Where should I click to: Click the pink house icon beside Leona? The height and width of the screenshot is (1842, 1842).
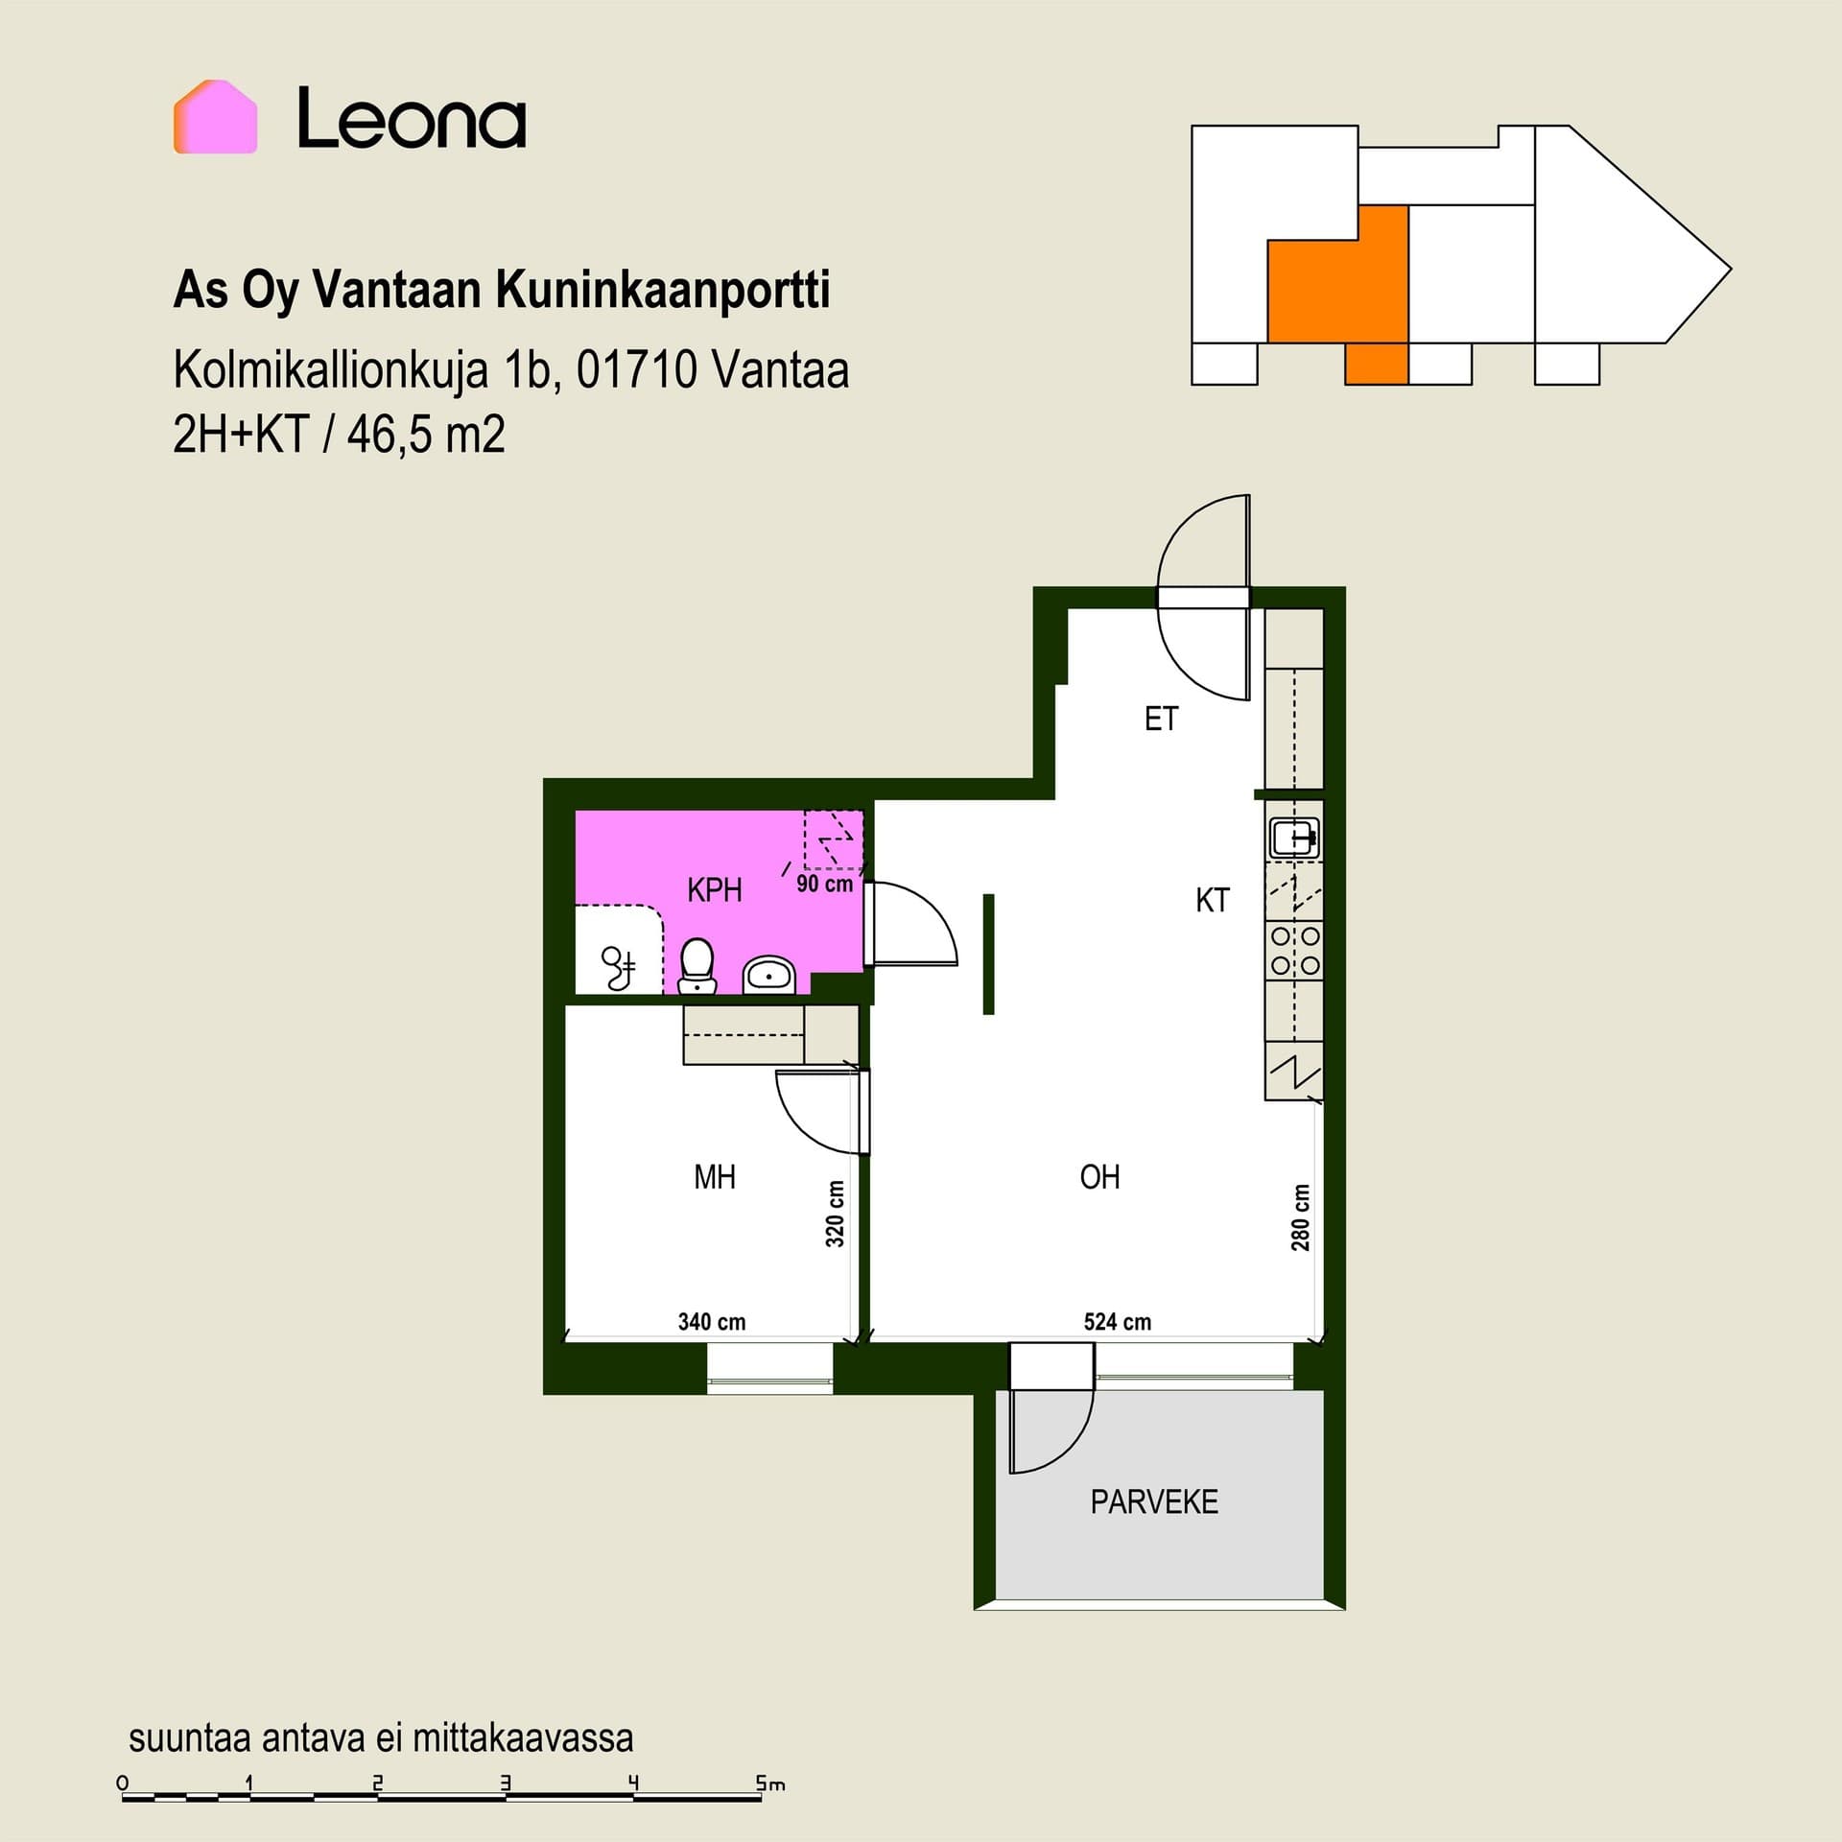click(x=215, y=117)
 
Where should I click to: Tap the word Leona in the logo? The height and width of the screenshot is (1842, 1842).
click(x=412, y=118)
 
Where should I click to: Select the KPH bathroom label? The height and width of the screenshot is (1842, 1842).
click(x=715, y=890)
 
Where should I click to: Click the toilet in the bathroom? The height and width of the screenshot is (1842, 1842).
click(x=697, y=965)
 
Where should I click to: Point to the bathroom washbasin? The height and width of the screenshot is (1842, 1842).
click(x=769, y=975)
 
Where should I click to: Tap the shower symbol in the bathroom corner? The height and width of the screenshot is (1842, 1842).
click(x=619, y=967)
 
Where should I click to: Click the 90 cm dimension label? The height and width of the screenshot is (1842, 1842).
click(x=824, y=884)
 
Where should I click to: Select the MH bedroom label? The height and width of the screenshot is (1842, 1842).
click(x=715, y=1177)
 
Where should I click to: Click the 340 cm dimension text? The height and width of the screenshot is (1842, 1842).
click(x=712, y=1322)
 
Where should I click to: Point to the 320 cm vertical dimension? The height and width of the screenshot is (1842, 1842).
click(x=836, y=1214)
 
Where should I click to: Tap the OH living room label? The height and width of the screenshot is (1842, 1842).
click(x=1099, y=1177)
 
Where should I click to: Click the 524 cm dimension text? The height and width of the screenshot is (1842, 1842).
click(x=1118, y=1322)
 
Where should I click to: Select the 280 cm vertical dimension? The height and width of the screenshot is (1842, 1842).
click(x=1300, y=1217)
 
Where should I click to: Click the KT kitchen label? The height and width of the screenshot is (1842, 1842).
click(x=1213, y=901)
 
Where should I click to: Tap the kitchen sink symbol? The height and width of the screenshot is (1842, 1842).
click(x=1294, y=838)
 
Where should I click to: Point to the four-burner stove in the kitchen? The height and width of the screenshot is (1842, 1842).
click(x=1295, y=951)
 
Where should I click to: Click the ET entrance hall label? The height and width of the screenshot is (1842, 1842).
click(x=1161, y=719)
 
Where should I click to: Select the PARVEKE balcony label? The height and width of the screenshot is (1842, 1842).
click(x=1154, y=1501)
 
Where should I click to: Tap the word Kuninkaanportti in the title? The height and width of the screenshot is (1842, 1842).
click(x=662, y=290)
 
